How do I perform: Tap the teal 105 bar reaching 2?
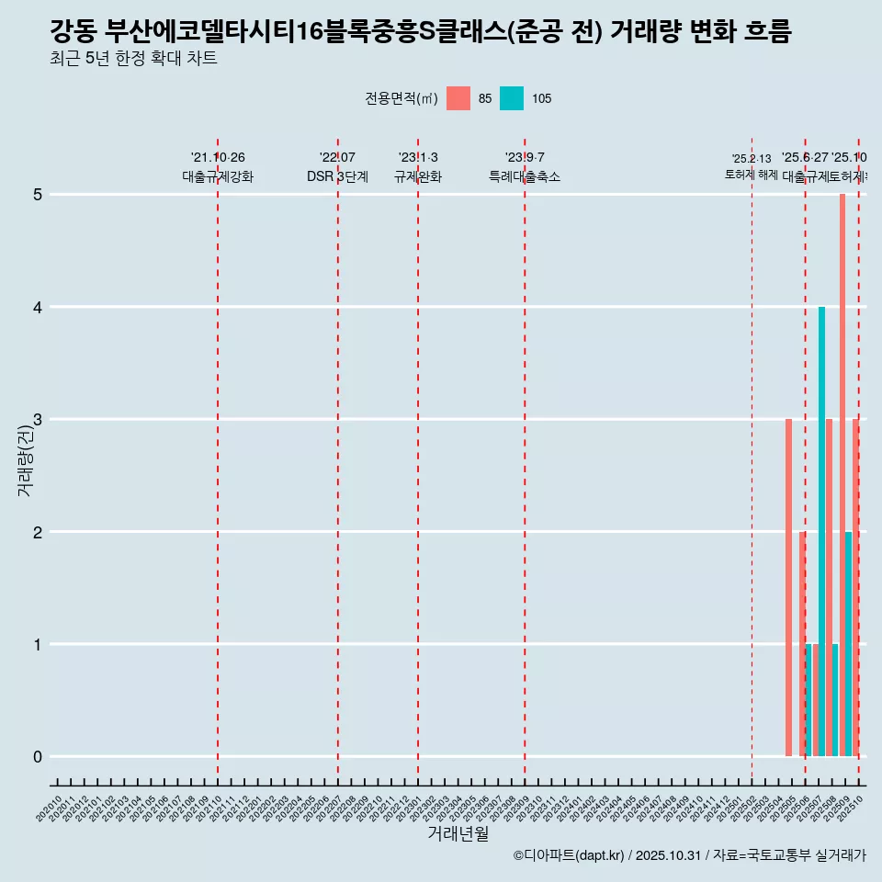(x=849, y=643)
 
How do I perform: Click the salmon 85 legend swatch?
(x=458, y=98)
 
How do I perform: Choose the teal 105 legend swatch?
(x=512, y=98)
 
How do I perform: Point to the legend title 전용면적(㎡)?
(x=401, y=98)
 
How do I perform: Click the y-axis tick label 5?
(x=38, y=195)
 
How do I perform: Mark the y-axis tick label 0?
(x=38, y=757)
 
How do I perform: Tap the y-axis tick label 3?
(x=38, y=420)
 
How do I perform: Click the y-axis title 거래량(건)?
(x=26, y=459)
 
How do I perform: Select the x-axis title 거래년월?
(x=458, y=833)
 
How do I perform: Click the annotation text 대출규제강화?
(x=218, y=176)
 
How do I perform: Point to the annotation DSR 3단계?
(x=338, y=176)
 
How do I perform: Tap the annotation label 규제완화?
(x=418, y=176)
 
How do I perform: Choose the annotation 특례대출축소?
(x=525, y=176)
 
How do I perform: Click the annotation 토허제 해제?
(x=752, y=174)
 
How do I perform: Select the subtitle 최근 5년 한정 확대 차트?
(x=133, y=59)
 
